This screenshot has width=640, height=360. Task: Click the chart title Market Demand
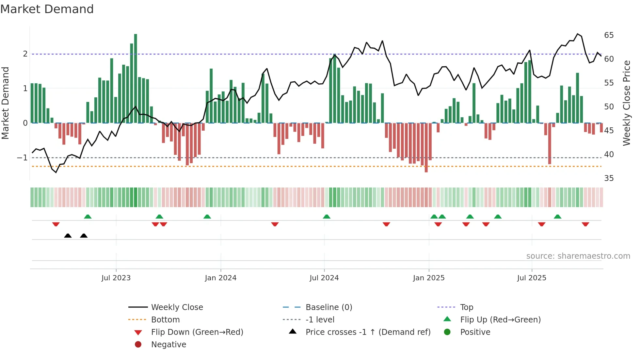[47, 9]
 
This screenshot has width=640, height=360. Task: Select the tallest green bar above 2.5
[136, 78]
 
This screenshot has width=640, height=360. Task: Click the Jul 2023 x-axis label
[116, 278]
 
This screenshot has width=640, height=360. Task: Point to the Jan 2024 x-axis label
[220, 278]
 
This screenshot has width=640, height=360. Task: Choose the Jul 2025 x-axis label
[532, 278]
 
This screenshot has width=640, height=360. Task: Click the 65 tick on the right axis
[609, 35]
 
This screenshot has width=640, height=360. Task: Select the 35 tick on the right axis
[609, 178]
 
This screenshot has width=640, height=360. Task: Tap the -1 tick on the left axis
[23, 158]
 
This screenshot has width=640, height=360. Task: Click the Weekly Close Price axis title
[626, 103]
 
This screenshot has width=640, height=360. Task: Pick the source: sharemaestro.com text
[578, 256]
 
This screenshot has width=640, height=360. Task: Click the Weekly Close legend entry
[177, 307]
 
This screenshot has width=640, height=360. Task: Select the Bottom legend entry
[165, 320]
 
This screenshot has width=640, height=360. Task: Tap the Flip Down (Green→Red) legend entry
[197, 332]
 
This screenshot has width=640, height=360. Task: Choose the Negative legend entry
[168, 345]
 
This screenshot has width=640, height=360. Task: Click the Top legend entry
[467, 307]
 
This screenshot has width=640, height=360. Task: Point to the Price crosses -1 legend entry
[368, 332]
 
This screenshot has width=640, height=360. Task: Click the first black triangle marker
[68, 236]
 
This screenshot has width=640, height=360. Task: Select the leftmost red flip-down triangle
[56, 224]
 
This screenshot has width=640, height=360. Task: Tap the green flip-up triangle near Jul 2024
[327, 217]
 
